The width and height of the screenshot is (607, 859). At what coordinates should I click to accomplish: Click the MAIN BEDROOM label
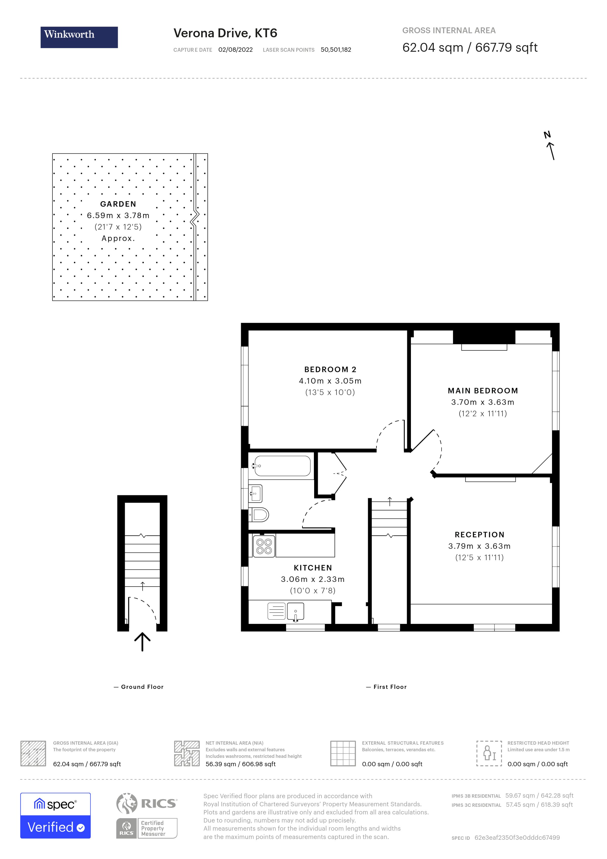tap(483, 391)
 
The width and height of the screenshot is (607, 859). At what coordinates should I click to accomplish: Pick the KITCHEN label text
tap(313, 568)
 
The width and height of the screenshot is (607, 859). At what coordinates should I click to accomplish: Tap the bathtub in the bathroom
tap(282, 466)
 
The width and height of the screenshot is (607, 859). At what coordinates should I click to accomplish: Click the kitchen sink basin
tap(295, 611)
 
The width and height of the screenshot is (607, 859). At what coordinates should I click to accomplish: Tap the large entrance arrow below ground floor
tap(142, 642)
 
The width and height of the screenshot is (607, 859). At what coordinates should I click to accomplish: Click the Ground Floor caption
tap(142, 687)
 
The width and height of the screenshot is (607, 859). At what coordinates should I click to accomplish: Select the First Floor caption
tap(390, 687)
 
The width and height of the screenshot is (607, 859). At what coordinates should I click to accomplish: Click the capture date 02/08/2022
tap(235, 50)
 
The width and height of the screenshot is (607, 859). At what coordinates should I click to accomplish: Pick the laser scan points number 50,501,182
tap(336, 50)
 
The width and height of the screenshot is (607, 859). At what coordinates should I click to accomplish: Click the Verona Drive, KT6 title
tap(225, 33)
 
